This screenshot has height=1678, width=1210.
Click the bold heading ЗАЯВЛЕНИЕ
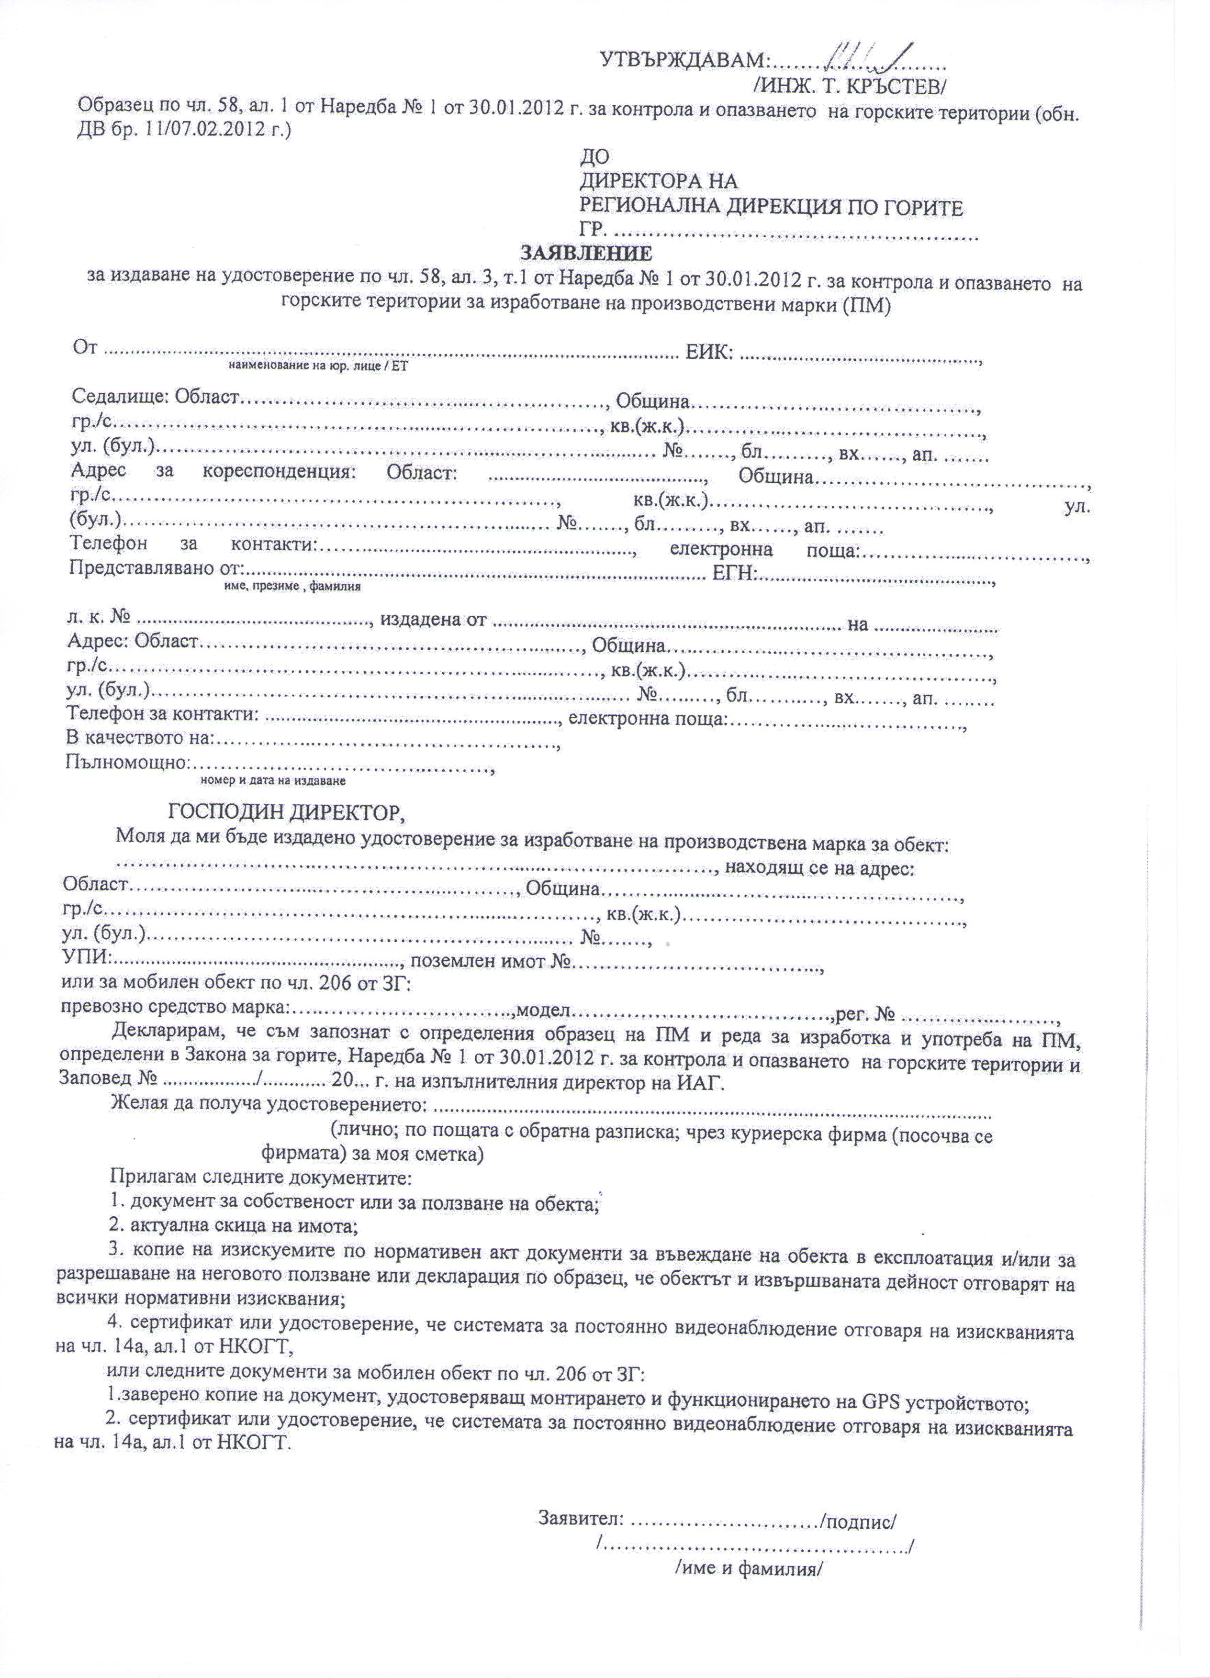tap(585, 254)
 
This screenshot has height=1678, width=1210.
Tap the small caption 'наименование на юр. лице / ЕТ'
tap(318, 365)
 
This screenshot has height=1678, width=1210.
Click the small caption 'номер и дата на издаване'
tap(273, 780)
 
